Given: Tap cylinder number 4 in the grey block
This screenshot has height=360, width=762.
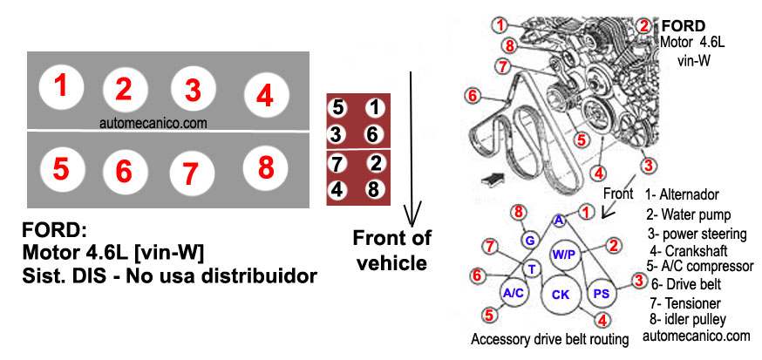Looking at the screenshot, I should click(265, 94).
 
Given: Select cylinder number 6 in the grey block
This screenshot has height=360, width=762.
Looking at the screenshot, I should click(124, 171).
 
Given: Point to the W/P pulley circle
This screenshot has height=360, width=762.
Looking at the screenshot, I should click(561, 255).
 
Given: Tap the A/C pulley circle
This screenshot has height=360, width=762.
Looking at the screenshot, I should click(514, 292).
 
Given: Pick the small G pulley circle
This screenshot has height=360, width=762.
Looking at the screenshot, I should click(529, 240).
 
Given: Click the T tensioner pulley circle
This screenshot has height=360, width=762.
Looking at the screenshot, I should click(532, 268).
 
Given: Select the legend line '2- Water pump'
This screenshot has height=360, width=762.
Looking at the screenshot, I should click(688, 214).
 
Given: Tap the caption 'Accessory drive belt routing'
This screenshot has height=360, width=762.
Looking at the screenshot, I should click(549, 340).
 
